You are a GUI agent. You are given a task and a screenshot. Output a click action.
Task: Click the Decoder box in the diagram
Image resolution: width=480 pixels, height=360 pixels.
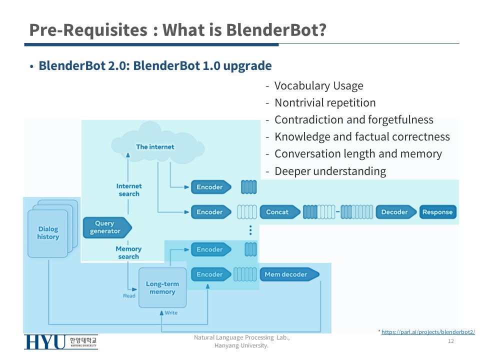click(x=395, y=212)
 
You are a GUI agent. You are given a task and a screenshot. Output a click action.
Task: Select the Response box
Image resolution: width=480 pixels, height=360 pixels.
click(x=437, y=212)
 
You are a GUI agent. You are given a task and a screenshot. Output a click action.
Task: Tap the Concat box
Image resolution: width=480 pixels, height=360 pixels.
click(x=278, y=212)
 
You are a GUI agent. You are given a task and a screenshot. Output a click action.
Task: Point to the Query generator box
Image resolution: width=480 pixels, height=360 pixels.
click(x=106, y=227)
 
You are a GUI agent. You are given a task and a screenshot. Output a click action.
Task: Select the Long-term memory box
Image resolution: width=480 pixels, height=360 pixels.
click(x=162, y=288)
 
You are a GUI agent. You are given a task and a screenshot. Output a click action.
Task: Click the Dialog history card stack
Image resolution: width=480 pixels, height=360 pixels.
click(x=48, y=232)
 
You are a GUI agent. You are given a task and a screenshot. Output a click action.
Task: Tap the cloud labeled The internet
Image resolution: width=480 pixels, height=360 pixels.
click(x=155, y=146)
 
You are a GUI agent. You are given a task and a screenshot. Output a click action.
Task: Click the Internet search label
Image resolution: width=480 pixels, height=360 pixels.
click(x=129, y=190)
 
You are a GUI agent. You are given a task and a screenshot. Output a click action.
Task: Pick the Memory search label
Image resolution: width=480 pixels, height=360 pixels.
click(x=128, y=252)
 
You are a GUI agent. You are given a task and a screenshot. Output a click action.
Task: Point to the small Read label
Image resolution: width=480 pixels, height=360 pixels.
click(x=129, y=296)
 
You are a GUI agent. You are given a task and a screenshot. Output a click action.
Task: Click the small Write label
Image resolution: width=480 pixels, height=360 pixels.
click(x=170, y=313)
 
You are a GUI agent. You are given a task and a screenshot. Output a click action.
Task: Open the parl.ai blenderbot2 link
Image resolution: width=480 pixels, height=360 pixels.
click(x=428, y=332)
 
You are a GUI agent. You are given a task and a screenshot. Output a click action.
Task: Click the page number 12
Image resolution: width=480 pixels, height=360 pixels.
click(x=450, y=341)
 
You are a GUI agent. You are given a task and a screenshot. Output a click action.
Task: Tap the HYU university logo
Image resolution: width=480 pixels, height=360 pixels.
click(x=60, y=342)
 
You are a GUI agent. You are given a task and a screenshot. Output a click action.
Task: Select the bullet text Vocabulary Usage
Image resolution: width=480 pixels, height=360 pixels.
click(x=318, y=86)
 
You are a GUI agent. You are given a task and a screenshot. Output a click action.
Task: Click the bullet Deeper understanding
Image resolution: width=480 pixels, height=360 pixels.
click(x=330, y=171)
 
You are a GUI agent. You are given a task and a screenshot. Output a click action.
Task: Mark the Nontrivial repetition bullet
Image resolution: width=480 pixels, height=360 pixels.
click(x=325, y=103)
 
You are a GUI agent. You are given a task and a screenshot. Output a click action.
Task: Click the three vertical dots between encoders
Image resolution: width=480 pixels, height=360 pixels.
click(x=250, y=230)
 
